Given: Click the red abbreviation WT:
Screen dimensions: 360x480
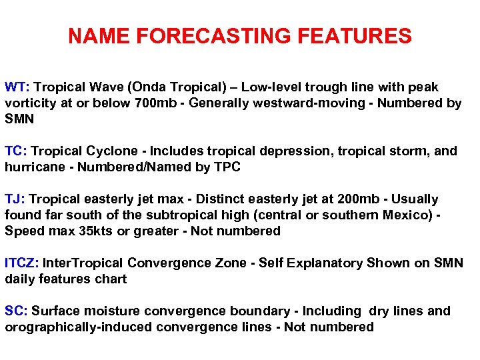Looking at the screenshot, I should coord(17,87).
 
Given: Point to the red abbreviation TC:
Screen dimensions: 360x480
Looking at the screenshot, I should coord(16,151).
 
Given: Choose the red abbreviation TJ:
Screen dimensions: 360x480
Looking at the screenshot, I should coord(15,199).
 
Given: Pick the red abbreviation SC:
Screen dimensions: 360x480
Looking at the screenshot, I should coord(16,311).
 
